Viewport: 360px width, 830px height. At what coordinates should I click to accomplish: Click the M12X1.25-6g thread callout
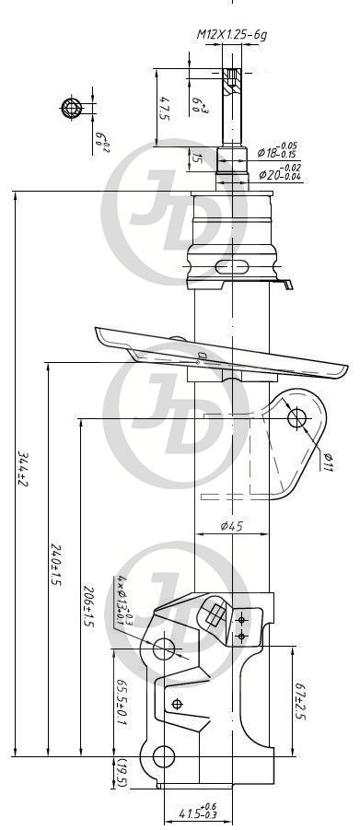click(x=231, y=34)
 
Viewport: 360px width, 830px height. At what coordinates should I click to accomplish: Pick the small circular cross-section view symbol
click(x=73, y=109)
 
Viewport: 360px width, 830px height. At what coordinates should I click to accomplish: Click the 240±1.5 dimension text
click(x=55, y=566)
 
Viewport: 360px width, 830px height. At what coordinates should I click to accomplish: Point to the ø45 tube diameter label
click(x=232, y=526)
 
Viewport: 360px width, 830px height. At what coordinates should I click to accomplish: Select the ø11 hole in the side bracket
click(x=296, y=419)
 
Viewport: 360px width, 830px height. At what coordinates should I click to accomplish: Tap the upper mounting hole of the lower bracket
click(x=164, y=648)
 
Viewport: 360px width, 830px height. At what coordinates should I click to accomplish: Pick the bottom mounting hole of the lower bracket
click(x=163, y=756)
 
